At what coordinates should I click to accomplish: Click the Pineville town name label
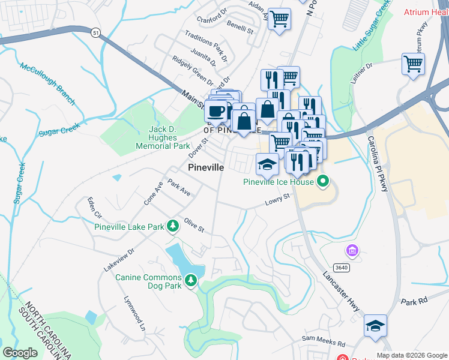point(206,168)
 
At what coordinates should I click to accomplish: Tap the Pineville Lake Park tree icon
point(173,226)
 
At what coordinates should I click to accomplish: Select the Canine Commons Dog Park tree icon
point(191,280)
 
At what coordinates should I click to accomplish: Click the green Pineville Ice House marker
point(324,181)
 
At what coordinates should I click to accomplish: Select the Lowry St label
point(277,200)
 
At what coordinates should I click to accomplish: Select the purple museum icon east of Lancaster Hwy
point(352,250)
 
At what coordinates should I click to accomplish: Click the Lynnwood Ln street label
point(134,313)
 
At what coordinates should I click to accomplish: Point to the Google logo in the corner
point(20,352)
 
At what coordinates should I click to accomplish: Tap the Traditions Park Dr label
point(205,46)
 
